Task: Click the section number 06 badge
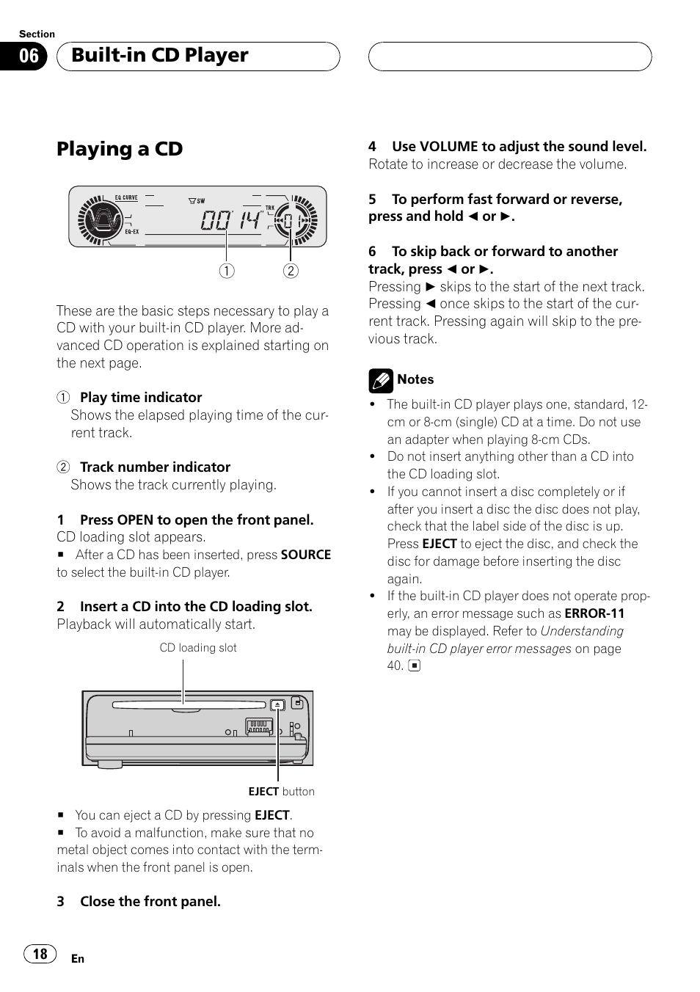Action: [28, 56]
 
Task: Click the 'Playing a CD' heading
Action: [120, 149]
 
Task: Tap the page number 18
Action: [40, 953]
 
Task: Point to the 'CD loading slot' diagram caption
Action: [198, 648]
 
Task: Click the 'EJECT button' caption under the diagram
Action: [281, 792]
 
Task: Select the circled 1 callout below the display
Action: [227, 271]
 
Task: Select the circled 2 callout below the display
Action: [291, 271]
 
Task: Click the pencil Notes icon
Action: [381, 380]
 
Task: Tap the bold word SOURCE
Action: [306, 555]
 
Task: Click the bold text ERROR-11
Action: [594, 613]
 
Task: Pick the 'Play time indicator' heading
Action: [141, 398]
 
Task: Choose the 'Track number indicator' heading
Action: [155, 467]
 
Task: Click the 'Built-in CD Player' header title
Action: [160, 56]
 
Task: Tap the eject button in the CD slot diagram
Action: [277, 705]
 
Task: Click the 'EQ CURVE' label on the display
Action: [126, 197]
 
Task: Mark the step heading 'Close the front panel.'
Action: [150, 902]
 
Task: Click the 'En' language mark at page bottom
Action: [78, 959]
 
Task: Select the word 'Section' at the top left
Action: [37, 34]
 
